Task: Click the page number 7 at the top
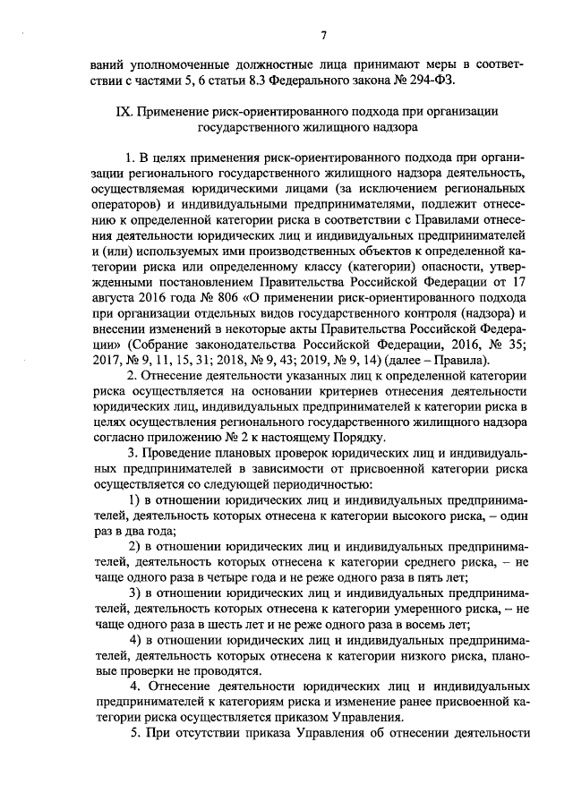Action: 323,35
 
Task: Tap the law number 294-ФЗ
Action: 429,81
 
